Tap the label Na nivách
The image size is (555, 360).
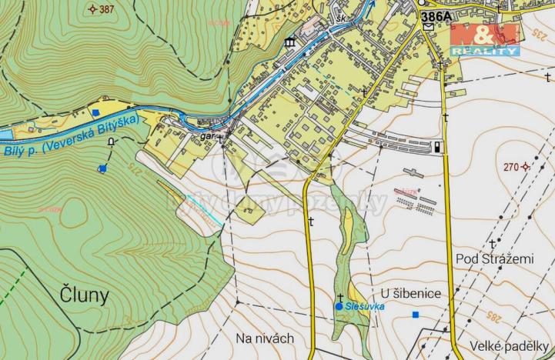[265, 338]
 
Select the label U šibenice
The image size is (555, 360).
[410, 293]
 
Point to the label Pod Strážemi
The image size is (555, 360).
[493, 259]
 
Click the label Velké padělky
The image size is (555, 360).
[510, 345]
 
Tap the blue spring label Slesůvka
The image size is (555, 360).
[365, 306]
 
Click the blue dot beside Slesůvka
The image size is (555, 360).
[339, 306]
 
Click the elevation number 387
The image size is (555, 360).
[106, 9]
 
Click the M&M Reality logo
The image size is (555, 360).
[484, 39]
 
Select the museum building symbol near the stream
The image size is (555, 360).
[291, 42]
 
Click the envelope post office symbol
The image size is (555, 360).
[428, 27]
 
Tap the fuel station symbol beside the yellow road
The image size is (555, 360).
[438, 146]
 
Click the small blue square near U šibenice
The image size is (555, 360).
[416, 314]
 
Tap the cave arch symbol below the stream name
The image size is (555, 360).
[112, 142]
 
